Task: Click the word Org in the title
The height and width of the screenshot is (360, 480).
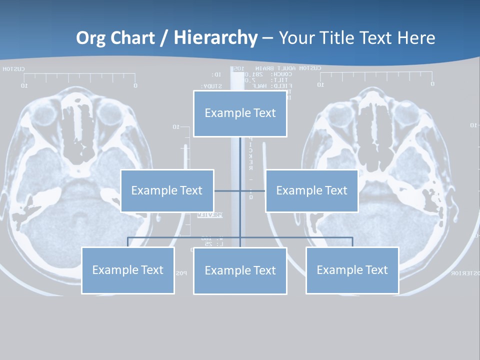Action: [x=90, y=38]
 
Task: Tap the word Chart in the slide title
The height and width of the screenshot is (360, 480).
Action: [x=130, y=38]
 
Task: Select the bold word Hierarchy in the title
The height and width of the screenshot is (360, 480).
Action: [x=215, y=38]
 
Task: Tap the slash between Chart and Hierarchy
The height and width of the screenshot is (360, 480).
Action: [x=163, y=38]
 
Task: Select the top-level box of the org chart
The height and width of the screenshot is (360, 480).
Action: [x=240, y=113]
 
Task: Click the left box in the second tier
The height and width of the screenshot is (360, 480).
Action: [x=167, y=190]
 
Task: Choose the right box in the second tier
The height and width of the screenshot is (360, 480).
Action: [x=311, y=190]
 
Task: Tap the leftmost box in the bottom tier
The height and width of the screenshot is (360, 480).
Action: [x=127, y=270]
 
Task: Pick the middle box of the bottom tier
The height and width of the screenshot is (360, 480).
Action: [x=240, y=271]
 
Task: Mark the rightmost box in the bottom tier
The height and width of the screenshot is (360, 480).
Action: [x=352, y=270]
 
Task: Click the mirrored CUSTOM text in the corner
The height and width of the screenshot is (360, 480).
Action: [x=14, y=69]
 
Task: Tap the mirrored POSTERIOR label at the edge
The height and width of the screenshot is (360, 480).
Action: [x=465, y=273]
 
